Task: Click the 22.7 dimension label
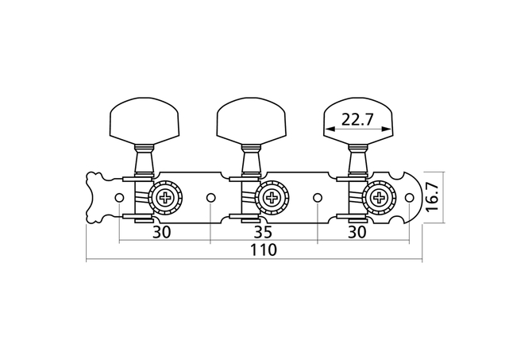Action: [357, 119]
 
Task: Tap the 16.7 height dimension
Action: [432, 197]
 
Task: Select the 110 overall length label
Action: [264, 250]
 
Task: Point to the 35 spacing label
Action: [264, 231]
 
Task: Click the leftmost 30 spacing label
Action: [162, 231]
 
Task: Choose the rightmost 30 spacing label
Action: [357, 231]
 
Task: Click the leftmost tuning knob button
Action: [145, 121]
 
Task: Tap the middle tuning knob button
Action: [251, 121]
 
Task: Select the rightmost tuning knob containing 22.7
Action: [358, 121]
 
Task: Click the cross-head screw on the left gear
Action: [166, 197]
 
